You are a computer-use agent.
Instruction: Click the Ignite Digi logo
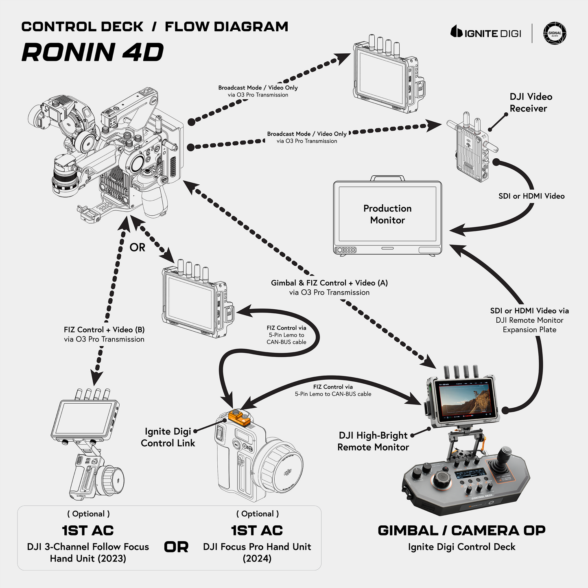[485, 33]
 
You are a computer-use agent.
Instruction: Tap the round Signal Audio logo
[555, 33]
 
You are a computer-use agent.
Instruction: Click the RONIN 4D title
[93, 52]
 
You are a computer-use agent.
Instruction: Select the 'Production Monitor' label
[387, 214]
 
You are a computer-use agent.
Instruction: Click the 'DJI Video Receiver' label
[531, 103]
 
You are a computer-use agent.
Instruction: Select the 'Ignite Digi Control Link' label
[168, 437]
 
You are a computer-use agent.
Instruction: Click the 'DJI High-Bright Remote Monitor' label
[373, 441]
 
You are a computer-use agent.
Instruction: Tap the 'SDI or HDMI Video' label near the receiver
[531, 196]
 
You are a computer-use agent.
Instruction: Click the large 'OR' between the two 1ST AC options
[176, 547]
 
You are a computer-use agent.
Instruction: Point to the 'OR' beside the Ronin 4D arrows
[137, 247]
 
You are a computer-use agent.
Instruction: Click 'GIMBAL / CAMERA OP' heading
[461, 531]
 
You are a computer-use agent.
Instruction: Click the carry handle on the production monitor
[387, 178]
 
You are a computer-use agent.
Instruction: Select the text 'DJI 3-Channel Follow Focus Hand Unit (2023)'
[88, 552]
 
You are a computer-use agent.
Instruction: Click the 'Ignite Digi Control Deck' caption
[461, 547]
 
